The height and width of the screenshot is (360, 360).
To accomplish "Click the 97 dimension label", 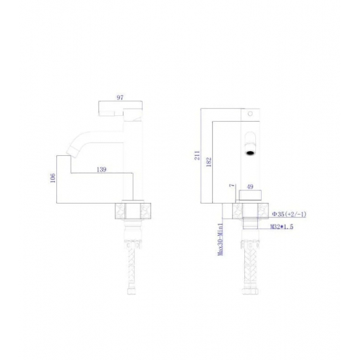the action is click(x=120, y=98).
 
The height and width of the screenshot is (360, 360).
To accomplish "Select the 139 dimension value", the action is click(x=101, y=170).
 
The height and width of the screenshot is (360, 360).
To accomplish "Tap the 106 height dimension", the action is click(x=53, y=178).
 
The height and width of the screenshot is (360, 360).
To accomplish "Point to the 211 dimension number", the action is click(x=197, y=155).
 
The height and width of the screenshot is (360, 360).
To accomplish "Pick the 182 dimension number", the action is click(x=209, y=162).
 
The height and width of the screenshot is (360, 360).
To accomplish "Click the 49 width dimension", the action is click(x=250, y=187).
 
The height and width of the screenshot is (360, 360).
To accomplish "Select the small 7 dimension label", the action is click(x=232, y=185).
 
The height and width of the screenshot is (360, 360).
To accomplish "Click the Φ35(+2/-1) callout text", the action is click(x=289, y=214).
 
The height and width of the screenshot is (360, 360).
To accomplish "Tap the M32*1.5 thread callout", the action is click(x=281, y=227).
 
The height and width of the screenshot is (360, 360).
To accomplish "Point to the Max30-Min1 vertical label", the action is click(x=221, y=240).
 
